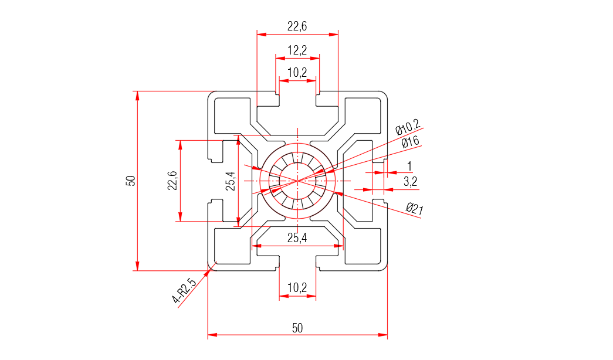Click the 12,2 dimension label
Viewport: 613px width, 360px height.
(297, 50)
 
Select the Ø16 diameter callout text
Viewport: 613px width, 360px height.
(410, 141)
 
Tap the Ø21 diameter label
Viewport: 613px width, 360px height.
(414, 208)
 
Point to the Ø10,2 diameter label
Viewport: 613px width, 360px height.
(408, 126)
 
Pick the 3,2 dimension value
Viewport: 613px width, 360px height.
(410, 182)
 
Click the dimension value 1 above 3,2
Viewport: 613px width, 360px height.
(409, 166)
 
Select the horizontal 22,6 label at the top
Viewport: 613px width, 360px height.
(297, 26)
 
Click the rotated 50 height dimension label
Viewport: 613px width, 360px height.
(131, 181)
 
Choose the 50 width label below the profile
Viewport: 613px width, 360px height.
(297, 328)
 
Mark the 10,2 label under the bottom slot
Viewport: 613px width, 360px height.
(297, 288)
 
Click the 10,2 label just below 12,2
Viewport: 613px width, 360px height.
(297, 73)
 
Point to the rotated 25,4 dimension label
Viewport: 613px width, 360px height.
(230, 181)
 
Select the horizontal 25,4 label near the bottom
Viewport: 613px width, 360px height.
(297, 237)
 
